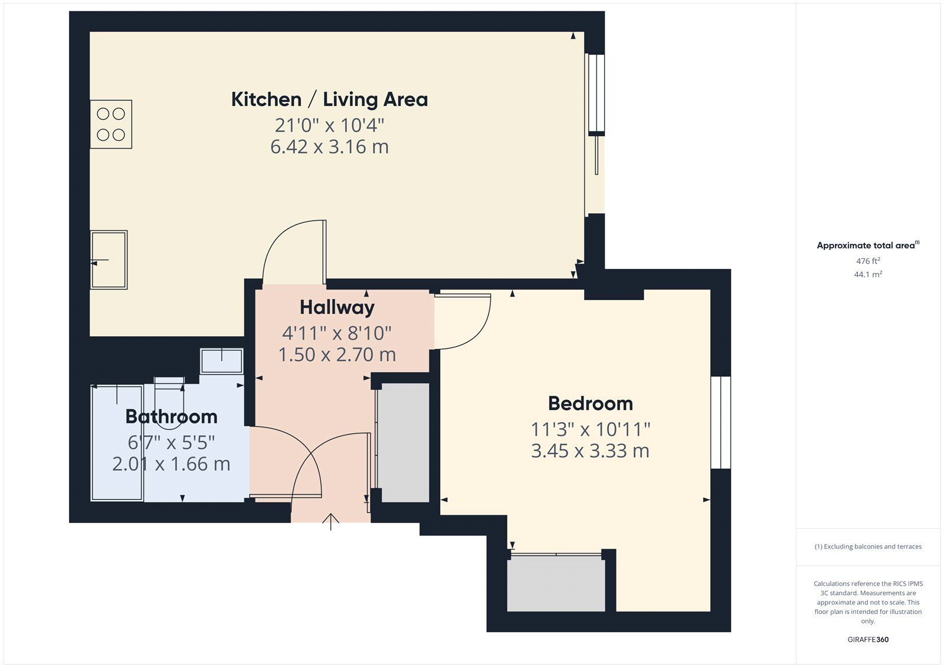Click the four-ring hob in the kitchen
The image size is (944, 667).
[111, 124]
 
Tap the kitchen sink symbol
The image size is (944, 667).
[109, 259]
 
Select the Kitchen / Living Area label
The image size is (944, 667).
[330, 100]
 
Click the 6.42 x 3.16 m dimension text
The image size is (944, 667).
[330, 147]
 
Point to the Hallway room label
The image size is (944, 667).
[337, 308]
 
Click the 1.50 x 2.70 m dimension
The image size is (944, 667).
[337, 355]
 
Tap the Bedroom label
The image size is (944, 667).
[591, 403]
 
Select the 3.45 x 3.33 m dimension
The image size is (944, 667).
[591, 451]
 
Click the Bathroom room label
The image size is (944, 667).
[172, 417]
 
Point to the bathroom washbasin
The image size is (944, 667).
[222, 361]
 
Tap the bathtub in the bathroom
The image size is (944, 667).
[117, 443]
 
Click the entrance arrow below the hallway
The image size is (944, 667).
[331, 522]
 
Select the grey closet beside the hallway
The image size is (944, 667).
[404, 442]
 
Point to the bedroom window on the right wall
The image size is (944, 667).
[720, 423]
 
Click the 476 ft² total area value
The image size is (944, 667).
[868, 261]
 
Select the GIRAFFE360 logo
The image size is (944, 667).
[868, 639]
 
